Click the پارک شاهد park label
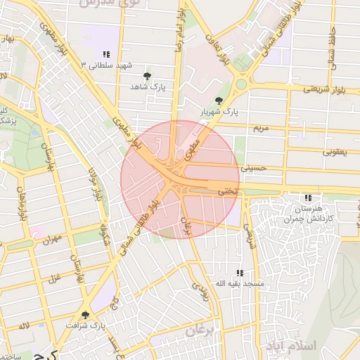pos(146,86)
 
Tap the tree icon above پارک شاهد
pos(146,75)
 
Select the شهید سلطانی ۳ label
pos(106,65)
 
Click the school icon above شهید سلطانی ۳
pos(106,54)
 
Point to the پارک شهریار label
pos(218,112)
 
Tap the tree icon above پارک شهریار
pos(218,101)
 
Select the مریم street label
pos(261,128)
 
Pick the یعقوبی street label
pos(335,151)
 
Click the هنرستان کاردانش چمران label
pos(307,213)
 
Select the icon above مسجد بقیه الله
pos(239,273)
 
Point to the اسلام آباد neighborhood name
pos(292,345)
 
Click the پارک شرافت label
pos(85,326)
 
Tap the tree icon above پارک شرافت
pos(85,315)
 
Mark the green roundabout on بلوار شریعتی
pos(241,84)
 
